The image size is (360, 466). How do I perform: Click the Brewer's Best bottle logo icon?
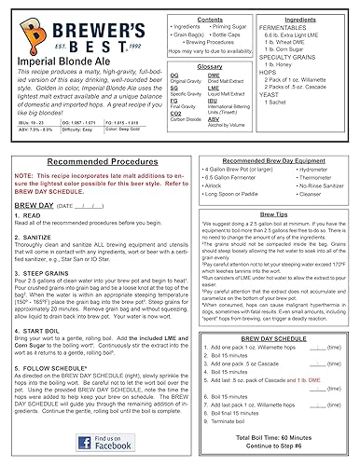click(19, 33)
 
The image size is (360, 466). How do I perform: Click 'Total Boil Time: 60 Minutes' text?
click(292, 436)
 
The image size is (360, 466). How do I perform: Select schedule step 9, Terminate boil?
click(250, 421)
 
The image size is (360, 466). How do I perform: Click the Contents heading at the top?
click(210, 18)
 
